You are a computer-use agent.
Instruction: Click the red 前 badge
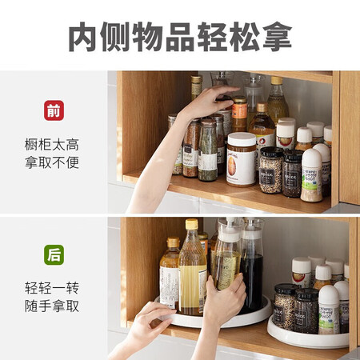point(54,110)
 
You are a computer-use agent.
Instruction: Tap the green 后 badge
point(54,254)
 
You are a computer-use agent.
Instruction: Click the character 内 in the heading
point(82,37)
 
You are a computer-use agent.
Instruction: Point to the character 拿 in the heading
point(277,37)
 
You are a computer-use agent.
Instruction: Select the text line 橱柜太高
point(52,145)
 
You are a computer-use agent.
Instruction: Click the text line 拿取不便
point(52,162)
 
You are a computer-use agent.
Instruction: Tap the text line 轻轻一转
point(52,288)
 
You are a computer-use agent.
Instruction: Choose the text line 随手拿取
point(52,306)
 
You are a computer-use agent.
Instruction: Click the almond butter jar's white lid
point(242,139)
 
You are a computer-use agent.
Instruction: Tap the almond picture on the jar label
point(232,166)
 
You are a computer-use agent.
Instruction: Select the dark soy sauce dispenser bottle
point(252,266)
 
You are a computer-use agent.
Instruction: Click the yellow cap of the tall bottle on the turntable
point(192,224)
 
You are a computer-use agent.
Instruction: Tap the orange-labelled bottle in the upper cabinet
point(239,114)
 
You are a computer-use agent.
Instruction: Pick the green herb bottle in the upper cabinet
point(208,150)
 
